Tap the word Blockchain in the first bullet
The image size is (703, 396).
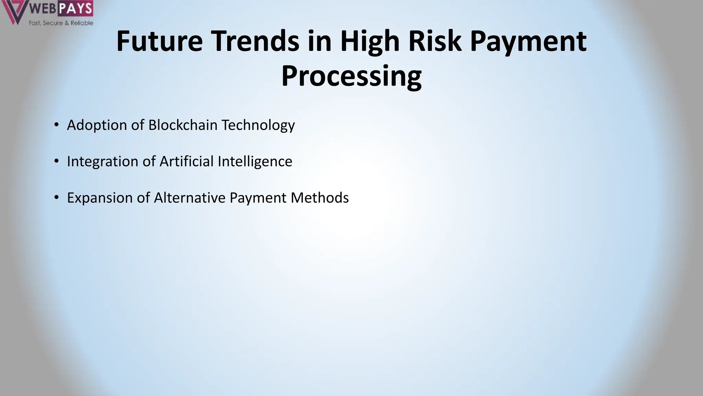click(x=183, y=125)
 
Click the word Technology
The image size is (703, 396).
click(x=258, y=125)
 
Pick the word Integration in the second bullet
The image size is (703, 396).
click(x=102, y=162)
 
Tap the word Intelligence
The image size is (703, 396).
click(x=255, y=162)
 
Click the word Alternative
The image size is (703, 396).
click(x=189, y=198)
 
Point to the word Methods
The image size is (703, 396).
click(x=320, y=198)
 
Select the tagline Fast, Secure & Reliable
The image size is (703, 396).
click(x=61, y=23)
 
